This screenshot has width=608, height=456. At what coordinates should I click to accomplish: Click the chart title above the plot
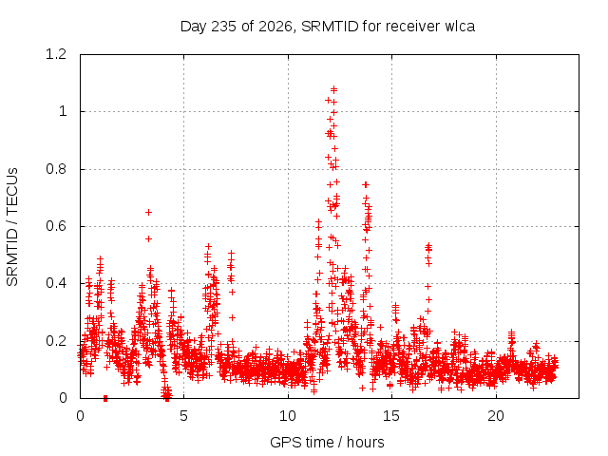point(328,27)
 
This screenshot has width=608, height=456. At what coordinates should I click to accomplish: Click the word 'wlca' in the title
point(460,27)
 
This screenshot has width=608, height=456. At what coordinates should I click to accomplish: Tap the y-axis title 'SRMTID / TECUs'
point(12,227)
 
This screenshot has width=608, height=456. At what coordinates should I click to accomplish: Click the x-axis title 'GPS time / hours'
point(327,443)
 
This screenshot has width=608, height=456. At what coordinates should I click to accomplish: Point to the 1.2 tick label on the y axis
point(56,54)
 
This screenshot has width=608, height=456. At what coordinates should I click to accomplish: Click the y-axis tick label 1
point(63,112)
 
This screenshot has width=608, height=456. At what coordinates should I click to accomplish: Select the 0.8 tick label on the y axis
point(56,169)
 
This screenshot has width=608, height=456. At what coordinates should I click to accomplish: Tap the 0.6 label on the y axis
point(56,226)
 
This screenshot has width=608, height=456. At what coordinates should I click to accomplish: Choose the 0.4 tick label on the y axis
point(56,283)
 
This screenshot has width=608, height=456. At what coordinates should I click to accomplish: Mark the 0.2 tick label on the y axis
point(56,341)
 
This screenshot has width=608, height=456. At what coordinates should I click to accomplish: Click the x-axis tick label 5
point(183,416)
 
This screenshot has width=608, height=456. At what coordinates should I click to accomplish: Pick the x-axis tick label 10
point(288,416)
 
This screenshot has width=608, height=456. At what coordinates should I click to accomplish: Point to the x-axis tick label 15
point(391,416)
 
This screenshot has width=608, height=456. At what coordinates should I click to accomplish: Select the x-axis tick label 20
point(496,416)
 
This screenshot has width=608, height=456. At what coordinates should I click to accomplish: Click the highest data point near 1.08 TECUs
point(333,89)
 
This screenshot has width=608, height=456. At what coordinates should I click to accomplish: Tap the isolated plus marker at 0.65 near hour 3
point(148,212)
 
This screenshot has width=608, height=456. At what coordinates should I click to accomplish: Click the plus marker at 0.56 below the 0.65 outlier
point(148,238)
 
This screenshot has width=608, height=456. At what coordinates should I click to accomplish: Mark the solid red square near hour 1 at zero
point(105,398)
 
